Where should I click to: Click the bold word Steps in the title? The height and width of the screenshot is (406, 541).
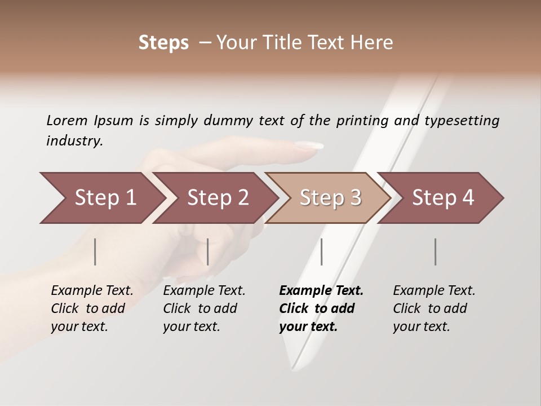tap(163, 43)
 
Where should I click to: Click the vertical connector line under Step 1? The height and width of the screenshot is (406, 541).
tap(95, 251)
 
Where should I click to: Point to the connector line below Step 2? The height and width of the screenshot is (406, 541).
tap(207, 251)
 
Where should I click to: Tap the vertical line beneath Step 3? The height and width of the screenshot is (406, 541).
tap(321, 251)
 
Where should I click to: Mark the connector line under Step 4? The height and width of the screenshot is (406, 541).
tap(435, 251)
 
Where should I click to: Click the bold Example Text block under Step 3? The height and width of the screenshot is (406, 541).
tap(321, 308)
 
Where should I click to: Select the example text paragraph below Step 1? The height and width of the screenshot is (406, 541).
tap(92, 308)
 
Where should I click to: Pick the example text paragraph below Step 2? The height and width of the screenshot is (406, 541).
tap(204, 308)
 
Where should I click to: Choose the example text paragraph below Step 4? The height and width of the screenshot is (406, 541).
tap(434, 308)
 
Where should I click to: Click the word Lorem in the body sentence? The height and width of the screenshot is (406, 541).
tap(67, 120)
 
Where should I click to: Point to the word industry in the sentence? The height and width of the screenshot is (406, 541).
tap(74, 141)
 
